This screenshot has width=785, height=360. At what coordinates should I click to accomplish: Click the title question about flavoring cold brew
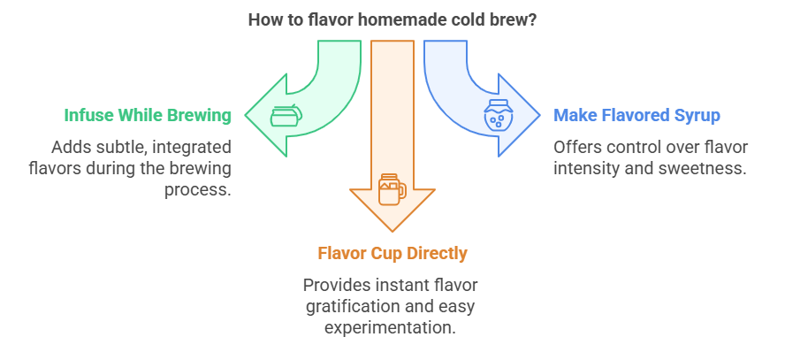point(392,19)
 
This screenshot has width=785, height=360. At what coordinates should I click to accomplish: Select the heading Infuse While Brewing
point(148,115)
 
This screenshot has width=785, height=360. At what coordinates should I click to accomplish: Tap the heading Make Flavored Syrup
point(636,115)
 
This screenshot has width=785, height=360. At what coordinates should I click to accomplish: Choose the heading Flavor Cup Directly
point(392,254)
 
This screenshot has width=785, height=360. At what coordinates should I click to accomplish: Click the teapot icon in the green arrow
point(285,116)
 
